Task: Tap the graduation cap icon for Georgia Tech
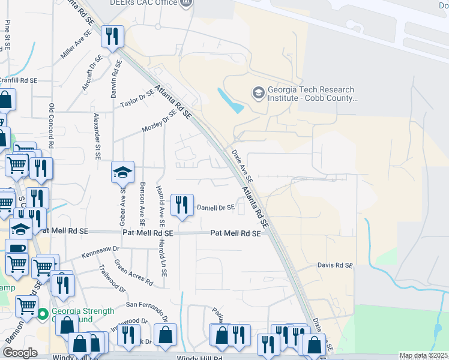[x=258, y=92]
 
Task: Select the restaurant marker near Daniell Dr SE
[x=181, y=205]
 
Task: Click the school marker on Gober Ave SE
[x=122, y=173]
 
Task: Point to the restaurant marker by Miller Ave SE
[x=112, y=37]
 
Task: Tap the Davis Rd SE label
[x=335, y=265]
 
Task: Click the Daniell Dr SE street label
[x=215, y=208]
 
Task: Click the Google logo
[x=20, y=353]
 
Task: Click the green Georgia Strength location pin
[x=43, y=313]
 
